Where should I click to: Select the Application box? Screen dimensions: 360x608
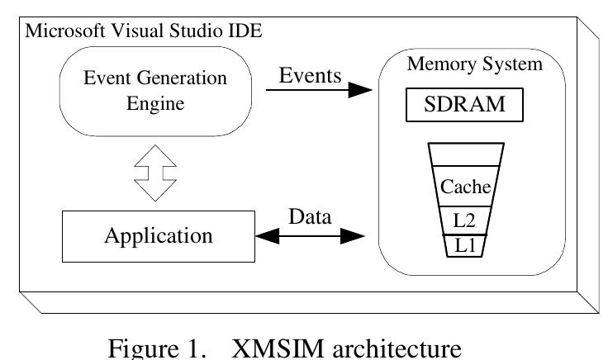pyautogui.click(x=157, y=235)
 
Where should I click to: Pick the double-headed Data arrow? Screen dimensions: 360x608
pyautogui.click(x=311, y=236)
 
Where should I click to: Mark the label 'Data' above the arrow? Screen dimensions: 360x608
pyautogui.click(x=311, y=218)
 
